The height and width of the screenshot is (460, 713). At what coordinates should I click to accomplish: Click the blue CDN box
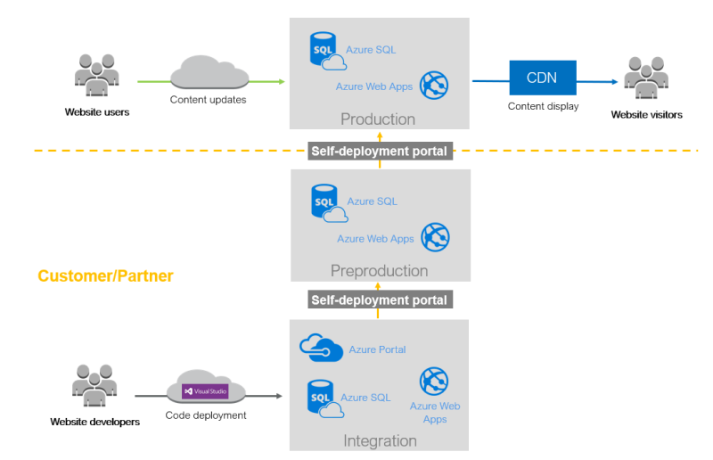(x=542, y=78)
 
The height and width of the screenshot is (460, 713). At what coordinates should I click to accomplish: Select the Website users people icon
(x=97, y=78)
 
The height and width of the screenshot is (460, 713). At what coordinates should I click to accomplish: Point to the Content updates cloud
(x=208, y=71)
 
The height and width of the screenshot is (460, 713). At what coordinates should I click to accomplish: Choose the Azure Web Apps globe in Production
(x=434, y=86)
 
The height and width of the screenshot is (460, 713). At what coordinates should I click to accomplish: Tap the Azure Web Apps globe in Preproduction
(x=435, y=237)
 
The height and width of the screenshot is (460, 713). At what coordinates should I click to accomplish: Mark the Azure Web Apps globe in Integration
(x=434, y=382)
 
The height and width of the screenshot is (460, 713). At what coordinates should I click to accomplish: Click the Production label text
(x=378, y=119)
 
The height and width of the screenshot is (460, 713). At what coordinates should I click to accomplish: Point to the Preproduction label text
(x=379, y=271)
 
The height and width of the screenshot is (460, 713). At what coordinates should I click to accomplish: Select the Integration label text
(x=380, y=440)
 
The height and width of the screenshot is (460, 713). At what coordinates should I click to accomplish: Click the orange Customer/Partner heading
(x=105, y=276)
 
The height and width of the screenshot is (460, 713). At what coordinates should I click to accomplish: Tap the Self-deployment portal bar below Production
(x=379, y=151)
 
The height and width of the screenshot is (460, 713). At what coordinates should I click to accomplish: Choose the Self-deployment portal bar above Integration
(x=379, y=300)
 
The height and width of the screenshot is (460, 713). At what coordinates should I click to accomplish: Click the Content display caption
(x=543, y=106)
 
